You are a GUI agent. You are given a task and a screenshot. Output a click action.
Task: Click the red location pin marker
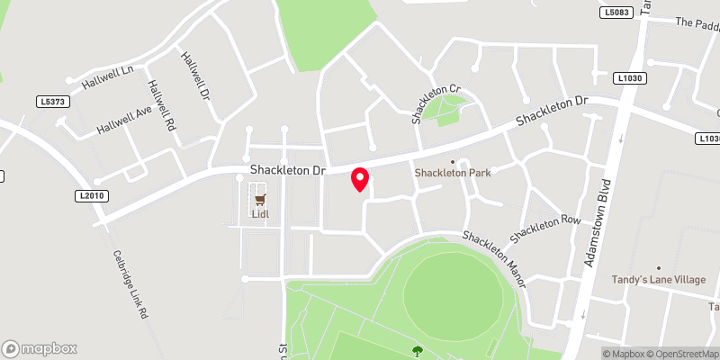[360, 179]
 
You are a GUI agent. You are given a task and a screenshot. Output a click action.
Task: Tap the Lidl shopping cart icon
[260, 199]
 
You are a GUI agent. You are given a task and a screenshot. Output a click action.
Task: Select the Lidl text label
[260, 214]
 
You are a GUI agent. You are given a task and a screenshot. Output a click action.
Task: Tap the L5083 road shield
[615, 12]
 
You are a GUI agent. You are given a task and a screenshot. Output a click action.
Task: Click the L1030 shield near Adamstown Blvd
[631, 79]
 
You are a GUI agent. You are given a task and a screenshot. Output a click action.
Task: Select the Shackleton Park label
[453, 172]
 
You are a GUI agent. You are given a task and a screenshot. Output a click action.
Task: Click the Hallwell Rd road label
[161, 106]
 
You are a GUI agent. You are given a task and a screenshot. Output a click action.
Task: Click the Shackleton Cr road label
[436, 103]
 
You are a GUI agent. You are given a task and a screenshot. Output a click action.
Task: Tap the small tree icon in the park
[417, 350]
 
